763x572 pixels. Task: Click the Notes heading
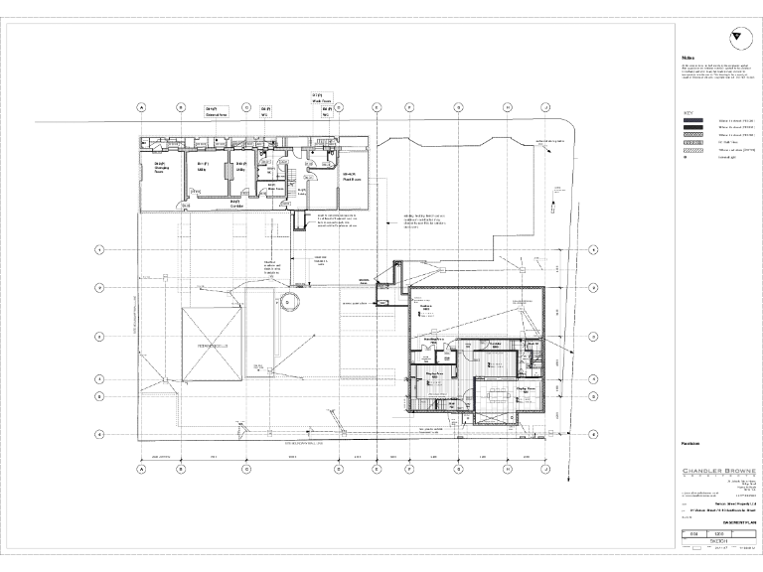pyautogui.click(x=687, y=58)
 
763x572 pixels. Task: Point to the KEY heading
pyautogui.click(x=687, y=112)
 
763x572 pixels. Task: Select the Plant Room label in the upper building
pyautogui.click(x=351, y=177)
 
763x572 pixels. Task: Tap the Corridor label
pyautogui.click(x=235, y=204)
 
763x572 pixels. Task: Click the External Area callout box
pyautogui.click(x=217, y=112)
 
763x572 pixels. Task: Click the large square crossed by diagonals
pyautogui.click(x=212, y=344)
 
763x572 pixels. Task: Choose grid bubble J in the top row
pyautogui.click(x=545, y=106)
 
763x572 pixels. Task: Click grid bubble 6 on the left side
pyautogui.click(x=98, y=433)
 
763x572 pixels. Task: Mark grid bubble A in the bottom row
pyautogui.click(x=141, y=469)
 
